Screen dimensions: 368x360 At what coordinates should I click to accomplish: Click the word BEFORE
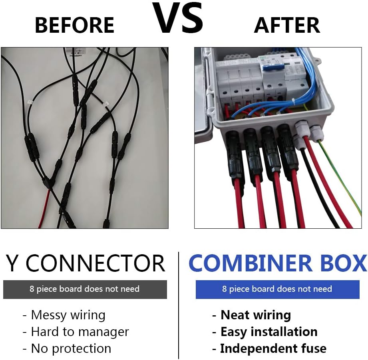pyautogui.click(x=75, y=25)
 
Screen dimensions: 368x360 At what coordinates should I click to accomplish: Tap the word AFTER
pyautogui.click(x=287, y=25)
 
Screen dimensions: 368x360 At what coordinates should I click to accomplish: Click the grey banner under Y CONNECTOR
pyautogui.click(x=85, y=289)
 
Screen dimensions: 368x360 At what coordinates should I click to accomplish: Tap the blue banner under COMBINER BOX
pyautogui.click(x=278, y=289)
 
